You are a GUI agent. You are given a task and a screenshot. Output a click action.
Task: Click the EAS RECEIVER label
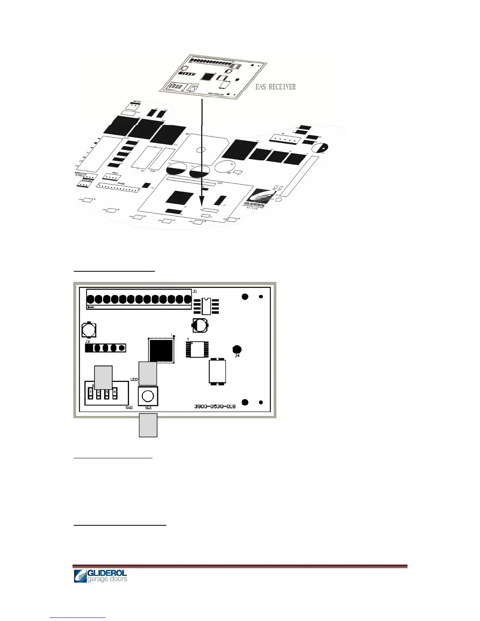click(x=275, y=87)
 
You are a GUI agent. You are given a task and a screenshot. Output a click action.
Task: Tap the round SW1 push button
click(x=147, y=396)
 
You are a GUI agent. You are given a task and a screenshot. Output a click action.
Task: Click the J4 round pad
click(x=237, y=349)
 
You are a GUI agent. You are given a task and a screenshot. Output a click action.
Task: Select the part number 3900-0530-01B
click(x=215, y=406)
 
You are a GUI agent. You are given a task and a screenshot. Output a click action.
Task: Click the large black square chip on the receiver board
click(x=161, y=350)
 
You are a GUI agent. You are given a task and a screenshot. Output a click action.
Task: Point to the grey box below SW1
click(x=148, y=425)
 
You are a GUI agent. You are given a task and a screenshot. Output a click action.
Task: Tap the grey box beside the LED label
click(x=148, y=373)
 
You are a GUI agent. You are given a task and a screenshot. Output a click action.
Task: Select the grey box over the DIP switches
click(x=104, y=377)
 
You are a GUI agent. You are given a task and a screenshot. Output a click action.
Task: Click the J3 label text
click(x=87, y=342)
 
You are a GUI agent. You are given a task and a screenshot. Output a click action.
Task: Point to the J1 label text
click(x=195, y=291)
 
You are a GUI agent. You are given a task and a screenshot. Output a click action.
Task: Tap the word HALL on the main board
click(x=115, y=173)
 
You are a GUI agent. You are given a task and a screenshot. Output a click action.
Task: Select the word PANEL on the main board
click(x=121, y=183)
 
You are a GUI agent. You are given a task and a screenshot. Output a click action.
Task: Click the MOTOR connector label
click(x=137, y=102)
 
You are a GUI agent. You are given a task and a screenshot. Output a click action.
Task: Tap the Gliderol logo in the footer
click(x=100, y=576)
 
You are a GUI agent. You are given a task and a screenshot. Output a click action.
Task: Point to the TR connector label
click(x=283, y=134)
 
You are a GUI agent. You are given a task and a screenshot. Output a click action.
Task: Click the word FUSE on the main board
click(x=153, y=171)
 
